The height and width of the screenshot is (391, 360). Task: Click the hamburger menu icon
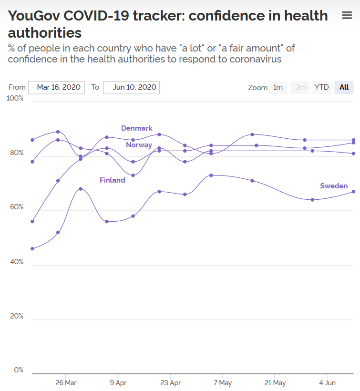(x=347, y=16)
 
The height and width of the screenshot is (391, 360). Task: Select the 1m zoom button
(x=278, y=87)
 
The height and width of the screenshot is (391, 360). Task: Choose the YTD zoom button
(x=322, y=87)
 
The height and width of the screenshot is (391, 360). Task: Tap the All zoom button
(x=344, y=87)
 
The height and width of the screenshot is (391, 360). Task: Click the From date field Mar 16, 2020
(x=57, y=87)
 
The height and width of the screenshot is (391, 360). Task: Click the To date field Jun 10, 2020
(x=132, y=87)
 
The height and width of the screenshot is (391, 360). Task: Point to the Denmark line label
(x=137, y=128)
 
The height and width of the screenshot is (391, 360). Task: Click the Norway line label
(x=139, y=145)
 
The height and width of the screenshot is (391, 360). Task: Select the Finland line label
(x=113, y=180)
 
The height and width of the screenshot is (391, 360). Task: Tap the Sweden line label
(x=334, y=186)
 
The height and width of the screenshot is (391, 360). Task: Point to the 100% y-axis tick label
(x=14, y=98)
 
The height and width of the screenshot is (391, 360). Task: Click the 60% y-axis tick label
(x=15, y=207)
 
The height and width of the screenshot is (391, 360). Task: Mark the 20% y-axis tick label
(x=15, y=316)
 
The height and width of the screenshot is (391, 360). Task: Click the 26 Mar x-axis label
(x=66, y=382)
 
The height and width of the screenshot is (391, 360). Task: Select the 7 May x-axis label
(x=223, y=382)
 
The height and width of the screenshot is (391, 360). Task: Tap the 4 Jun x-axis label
(x=327, y=382)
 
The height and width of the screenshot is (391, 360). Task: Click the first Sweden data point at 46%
(x=32, y=248)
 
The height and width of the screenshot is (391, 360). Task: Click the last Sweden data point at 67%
(x=353, y=192)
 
